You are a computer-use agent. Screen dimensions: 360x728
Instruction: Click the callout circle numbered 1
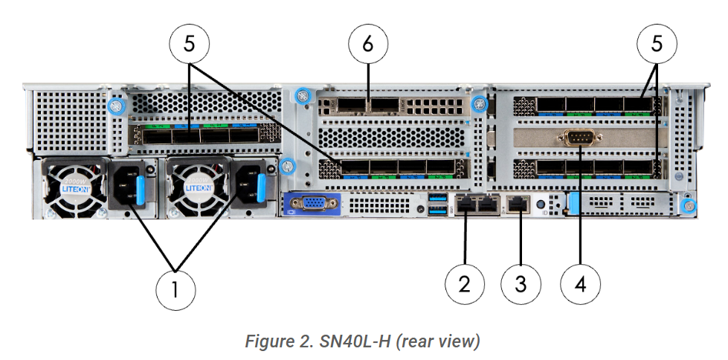point(175,289)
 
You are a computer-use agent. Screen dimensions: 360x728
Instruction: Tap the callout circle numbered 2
point(465,283)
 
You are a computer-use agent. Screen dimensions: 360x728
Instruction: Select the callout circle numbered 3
point(521,283)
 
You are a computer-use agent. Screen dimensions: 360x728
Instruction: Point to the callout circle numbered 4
point(579,283)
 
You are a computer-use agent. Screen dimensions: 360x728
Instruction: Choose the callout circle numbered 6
point(368,44)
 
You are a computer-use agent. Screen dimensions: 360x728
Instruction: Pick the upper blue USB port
point(435,198)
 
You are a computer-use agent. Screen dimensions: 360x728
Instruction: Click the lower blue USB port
point(435,210)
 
